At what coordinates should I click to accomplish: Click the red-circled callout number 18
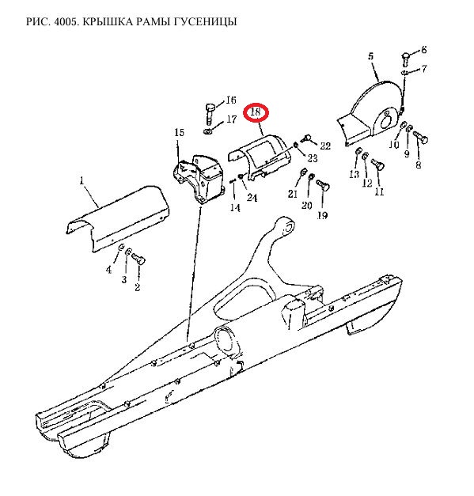256,112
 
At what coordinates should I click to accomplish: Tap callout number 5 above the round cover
371,56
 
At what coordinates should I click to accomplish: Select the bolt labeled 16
210,114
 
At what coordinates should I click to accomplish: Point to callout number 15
179,132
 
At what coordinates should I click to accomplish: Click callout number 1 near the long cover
82,180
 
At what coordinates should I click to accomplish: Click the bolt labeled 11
377,164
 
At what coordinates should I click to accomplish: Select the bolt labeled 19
323,184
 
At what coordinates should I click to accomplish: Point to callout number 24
252,198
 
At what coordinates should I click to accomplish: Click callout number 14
235,208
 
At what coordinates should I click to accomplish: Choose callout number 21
293,194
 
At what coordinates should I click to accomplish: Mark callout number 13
355,174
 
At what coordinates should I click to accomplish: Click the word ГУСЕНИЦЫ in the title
206,21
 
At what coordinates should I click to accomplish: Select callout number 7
424,69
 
